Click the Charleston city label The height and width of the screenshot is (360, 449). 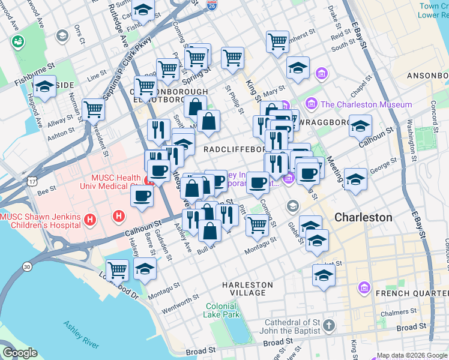pyautogui.click(x=363, y=217)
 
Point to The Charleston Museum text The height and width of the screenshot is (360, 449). pyautogui.click(x=366, y=104)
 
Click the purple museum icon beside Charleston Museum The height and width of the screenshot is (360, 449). pyautogui.click(x=312, y=104)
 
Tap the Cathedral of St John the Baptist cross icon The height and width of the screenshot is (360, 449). pyautogui.click(x=328, y=326)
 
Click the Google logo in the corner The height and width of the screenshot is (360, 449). pyautogui.click(x=20, y=353)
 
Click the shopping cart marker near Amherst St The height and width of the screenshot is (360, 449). pyautogui.click(x=277, y=41)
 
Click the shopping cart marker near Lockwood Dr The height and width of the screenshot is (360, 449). pyautogui.click(x=117, y=269)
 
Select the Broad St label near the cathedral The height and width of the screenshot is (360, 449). pyautogui.click(x=411, y=328)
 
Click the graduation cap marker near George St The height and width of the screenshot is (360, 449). pyautogui.click(x=356, y=179)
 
